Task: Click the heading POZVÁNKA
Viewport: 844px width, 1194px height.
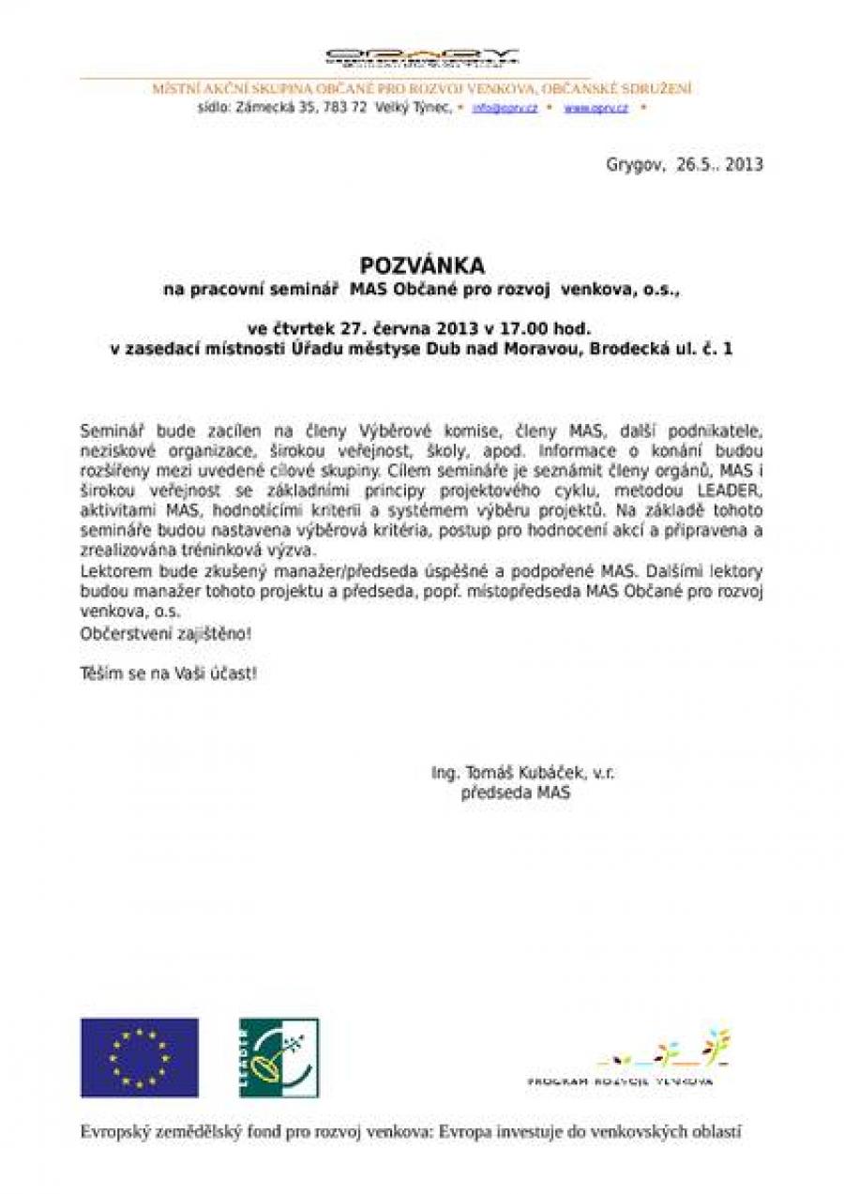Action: [x=421, y=267]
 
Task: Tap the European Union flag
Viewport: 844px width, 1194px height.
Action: [x=139, y=1057]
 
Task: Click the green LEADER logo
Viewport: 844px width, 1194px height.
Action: [x=279, y=1057]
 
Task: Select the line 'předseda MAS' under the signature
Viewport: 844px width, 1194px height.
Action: [x=516, y=793]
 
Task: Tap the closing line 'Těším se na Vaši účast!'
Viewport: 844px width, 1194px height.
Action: [x=168, y=673]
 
